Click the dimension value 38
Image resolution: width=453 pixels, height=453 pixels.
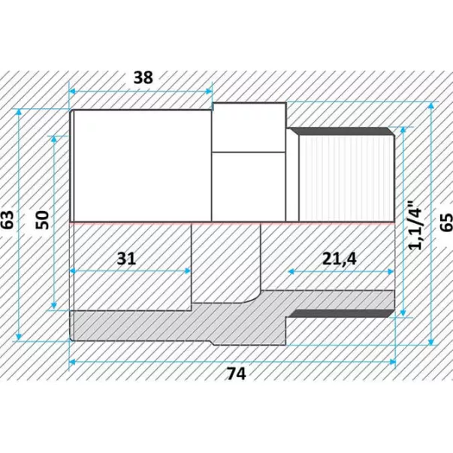pos(143,77)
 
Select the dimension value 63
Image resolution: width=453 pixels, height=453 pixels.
pos(8,220)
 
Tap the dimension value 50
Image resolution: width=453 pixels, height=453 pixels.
pos(43,220)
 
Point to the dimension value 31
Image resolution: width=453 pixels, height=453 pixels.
pos(126,258)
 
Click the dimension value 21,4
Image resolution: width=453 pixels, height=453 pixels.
pos(340,259)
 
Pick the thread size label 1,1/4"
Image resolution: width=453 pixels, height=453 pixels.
pos(415,225)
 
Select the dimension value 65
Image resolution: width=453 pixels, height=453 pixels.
pos(447,222)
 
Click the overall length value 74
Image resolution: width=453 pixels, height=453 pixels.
pos(236,373)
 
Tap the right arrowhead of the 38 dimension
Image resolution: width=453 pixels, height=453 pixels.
pos(209,92)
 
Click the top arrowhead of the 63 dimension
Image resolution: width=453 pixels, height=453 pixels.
pos(19,112)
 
